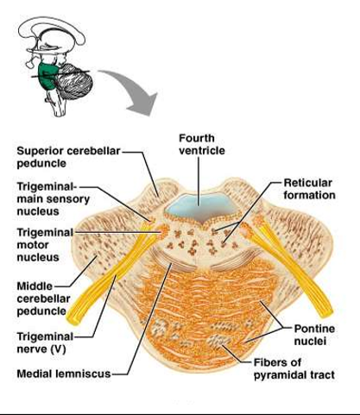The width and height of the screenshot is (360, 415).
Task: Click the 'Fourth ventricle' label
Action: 202,144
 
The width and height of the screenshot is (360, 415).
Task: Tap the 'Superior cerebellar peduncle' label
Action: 68,157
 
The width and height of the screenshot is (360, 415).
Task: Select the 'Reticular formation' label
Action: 309,189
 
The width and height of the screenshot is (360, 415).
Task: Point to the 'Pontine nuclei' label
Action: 314,335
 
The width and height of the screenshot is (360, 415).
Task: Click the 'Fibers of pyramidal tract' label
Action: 294,368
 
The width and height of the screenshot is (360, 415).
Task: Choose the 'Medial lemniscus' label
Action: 64,374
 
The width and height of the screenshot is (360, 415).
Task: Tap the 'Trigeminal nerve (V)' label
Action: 45,343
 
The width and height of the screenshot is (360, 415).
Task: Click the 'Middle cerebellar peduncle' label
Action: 43,299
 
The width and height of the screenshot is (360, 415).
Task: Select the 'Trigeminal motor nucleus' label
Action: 45,245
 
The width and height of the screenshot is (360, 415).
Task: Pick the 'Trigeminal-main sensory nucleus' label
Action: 54,198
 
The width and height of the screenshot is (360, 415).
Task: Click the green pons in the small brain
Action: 47,75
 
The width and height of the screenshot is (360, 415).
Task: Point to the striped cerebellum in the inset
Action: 74,81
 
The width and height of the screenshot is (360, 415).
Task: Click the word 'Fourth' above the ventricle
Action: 197,138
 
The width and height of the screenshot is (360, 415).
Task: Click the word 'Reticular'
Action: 308,183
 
